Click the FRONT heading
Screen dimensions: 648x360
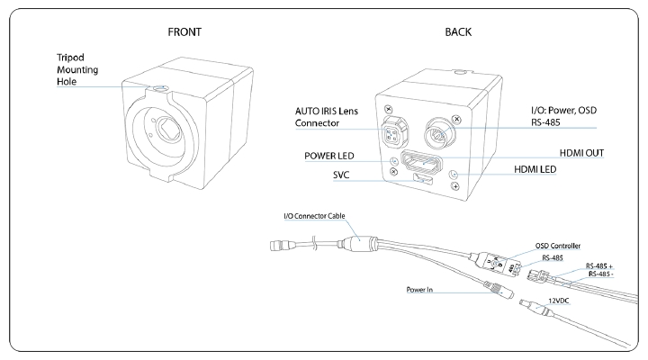[x=184, y=32]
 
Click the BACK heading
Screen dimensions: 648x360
[x=458, y=32]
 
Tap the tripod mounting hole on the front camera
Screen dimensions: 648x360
[x=160, y=88]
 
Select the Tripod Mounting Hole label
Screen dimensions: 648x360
[x=77, y=69]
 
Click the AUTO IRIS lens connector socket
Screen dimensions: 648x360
[x=391, y=132]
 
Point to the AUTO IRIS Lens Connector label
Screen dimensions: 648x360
[x=326, y=117]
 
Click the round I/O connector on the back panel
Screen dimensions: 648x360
[x=441, y=132]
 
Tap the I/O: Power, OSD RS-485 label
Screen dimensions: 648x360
[x=563, y=116]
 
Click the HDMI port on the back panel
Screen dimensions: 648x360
[x=422, y=161]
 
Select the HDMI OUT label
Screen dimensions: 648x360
[x=581, y=153]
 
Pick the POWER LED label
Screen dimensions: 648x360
[x=329, y=156]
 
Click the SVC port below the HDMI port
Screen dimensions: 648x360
[x=422, y=179]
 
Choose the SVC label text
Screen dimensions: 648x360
[x=341, y=175]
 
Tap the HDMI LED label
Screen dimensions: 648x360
[x=535, y=169]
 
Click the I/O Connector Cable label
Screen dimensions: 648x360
[x=314, y=216]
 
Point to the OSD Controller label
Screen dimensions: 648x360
[x=557, y=246]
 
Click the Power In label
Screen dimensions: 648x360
[x=419, y=290]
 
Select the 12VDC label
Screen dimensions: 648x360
[x=558, y=301]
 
